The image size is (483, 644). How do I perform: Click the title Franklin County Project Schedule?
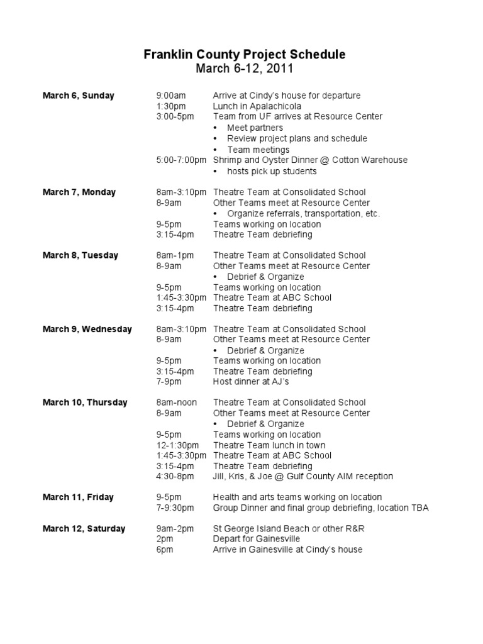(x=244, y=55)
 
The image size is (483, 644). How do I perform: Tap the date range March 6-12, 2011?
(x=244, y=69)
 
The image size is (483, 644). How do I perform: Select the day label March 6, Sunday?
(x=78, y=96)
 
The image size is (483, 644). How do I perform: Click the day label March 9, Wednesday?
(x=87, y=329)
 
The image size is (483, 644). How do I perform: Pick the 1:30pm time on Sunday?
(x=170, y=106)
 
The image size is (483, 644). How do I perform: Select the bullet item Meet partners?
(x=255, y=128)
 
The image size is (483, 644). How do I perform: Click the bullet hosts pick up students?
(x=272, y=171)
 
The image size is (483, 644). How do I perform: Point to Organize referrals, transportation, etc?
(x=303, y=213)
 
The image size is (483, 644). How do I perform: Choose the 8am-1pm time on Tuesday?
(x=175, y=255)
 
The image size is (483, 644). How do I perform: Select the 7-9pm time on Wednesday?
(x=170, y=382)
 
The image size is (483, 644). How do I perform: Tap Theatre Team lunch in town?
(x=269, y=445)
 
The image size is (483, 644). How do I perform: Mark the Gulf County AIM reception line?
(x=303, y=476)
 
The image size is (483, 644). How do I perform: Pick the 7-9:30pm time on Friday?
(x=175, y=508)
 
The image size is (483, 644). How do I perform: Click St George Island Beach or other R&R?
(x=289, y=528)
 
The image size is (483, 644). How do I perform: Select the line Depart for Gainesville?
(x=257, y=539)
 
